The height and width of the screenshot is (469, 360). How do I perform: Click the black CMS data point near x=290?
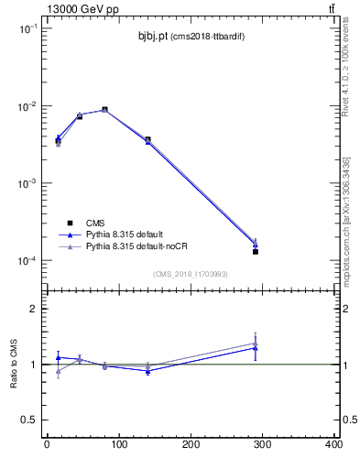256,251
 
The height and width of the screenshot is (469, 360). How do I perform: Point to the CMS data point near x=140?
147,139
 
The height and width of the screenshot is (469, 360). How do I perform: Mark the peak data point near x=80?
104,110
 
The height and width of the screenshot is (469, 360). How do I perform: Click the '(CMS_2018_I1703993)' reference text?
190,273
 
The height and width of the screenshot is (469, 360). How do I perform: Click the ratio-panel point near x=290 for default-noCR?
256,343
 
